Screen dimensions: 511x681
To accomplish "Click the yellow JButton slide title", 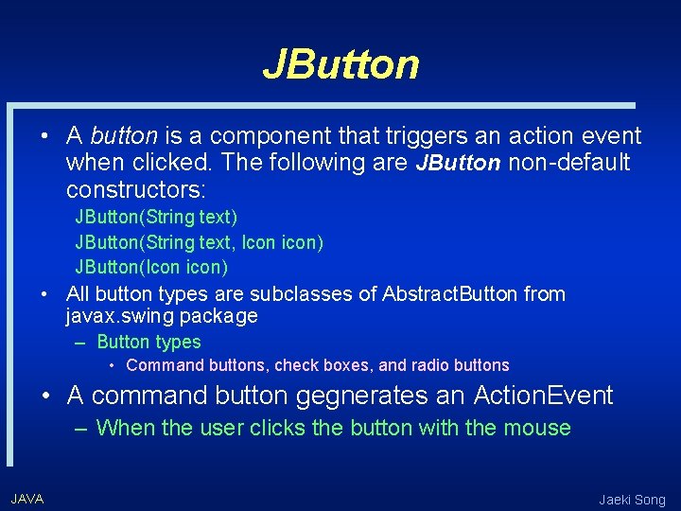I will (x=340, y=64).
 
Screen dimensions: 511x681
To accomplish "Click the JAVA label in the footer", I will (x=26, y=499).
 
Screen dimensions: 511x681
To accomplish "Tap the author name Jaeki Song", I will (x=632, y=500).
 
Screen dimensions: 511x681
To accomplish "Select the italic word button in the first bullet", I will (x=123, y=136).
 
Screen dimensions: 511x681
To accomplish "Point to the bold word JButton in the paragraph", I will (x=459, y=163).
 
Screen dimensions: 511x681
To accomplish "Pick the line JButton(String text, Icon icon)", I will (x=199, y=242).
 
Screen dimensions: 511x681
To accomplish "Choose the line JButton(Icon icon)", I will (x=151, y=267).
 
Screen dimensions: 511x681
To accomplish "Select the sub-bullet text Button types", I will (x=148, y=342).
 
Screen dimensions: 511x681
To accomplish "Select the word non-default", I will (x=568, y=163).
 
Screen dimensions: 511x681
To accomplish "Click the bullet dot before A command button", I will (x=44, y=395).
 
